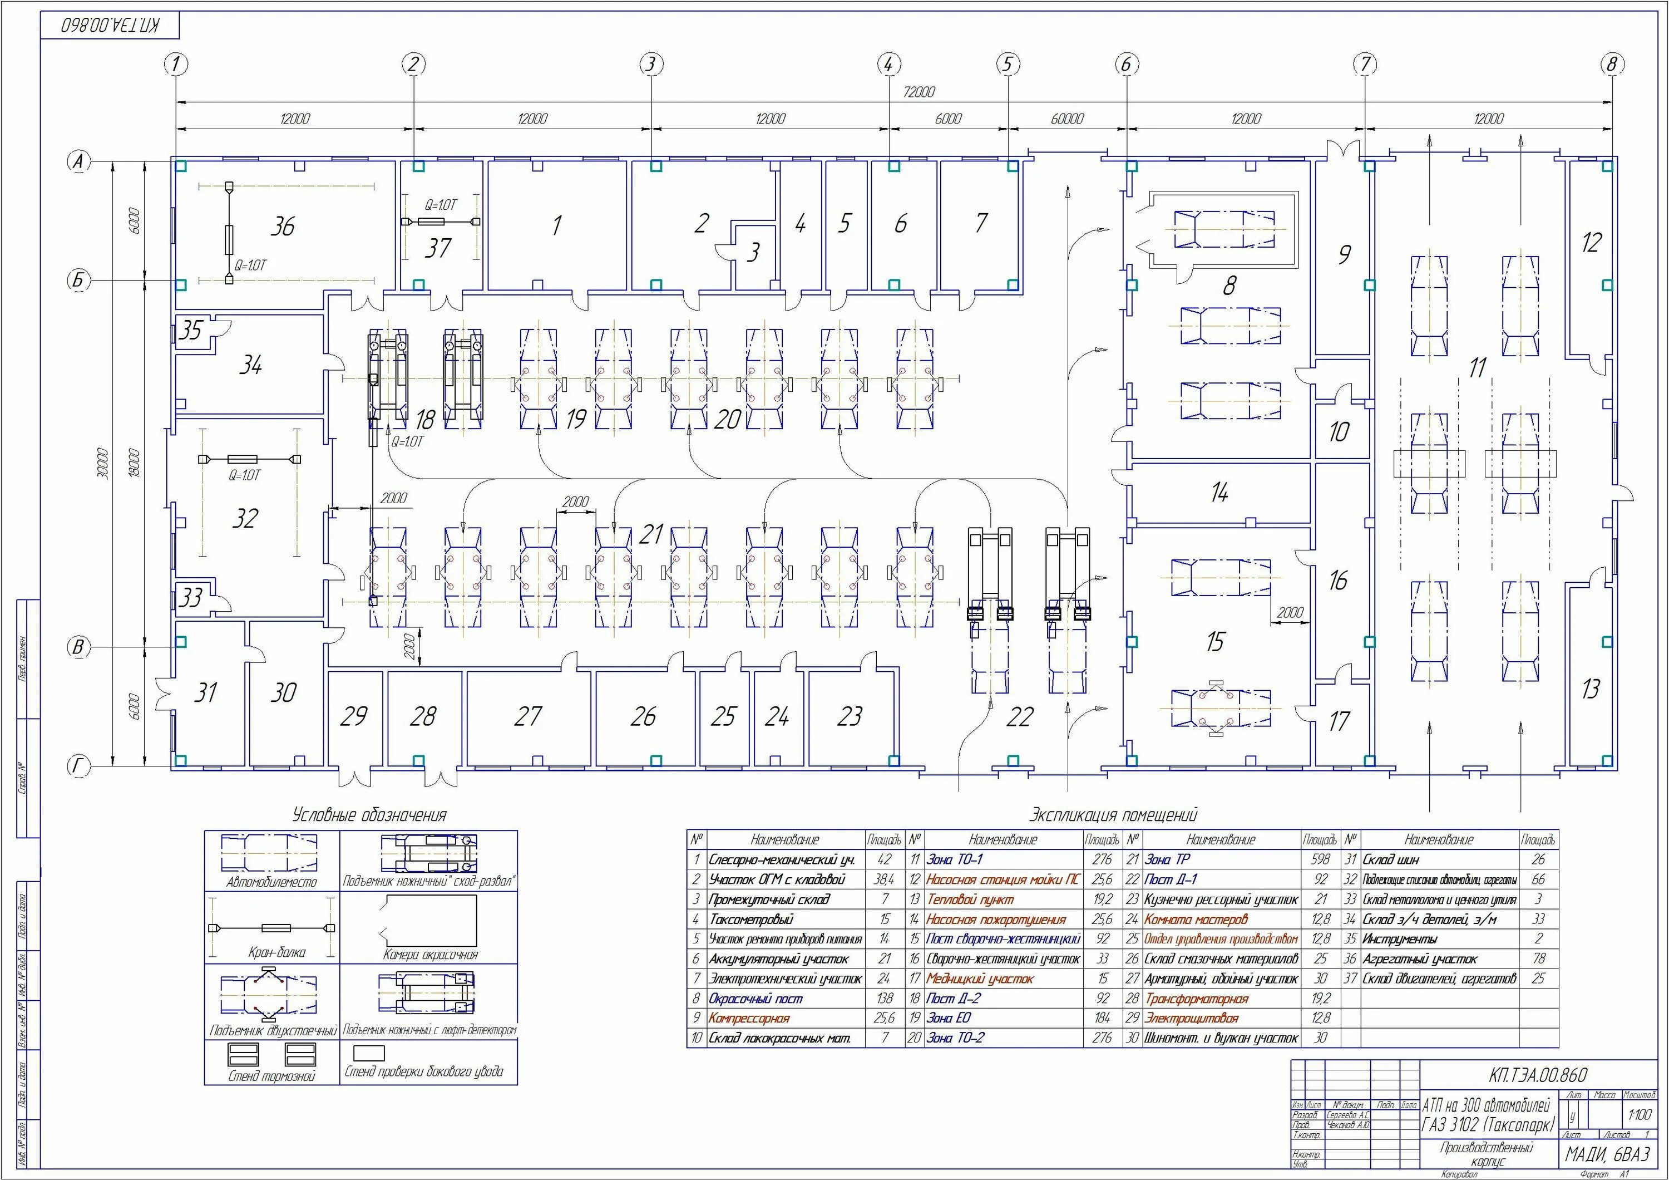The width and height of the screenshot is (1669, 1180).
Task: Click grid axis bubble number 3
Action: click(x=650, y=64)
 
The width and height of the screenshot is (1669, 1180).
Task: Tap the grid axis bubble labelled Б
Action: click(x=78, y=280)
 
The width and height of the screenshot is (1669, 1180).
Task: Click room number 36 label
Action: click(x=282, y=227)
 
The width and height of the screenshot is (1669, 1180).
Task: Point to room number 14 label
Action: click(x=1219, y=493)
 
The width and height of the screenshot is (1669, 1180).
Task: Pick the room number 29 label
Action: click(x=353, y=716)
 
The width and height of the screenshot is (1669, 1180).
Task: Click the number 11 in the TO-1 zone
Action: click(x=1477, y=368)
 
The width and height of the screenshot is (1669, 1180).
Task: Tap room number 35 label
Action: click(x=190, y=330)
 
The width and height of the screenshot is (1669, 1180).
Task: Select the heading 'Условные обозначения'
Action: click(x=369, y=815)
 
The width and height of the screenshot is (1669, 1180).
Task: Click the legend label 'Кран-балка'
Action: click(x=277, y=952)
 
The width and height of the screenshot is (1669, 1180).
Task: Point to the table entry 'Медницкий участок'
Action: click(x=979, y=979)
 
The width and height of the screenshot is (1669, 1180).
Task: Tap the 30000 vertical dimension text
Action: click(x=102, y=464)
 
